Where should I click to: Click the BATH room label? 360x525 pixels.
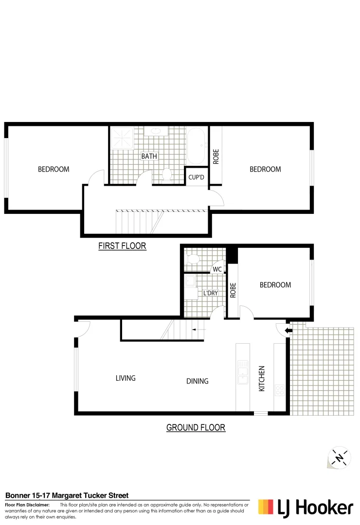click(x=149, y=157)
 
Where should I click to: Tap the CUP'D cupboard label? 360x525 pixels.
click(x=196, y=177)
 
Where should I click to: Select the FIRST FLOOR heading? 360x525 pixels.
click(x=122, y=246)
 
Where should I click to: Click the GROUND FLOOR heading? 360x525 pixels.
click(x=196, y=428)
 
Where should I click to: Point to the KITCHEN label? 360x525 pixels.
click(x=262, y=379)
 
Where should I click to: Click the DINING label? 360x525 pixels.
click(x=197, y=381)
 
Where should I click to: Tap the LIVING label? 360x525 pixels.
click(x=126, y=378)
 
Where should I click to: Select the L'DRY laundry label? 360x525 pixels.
click(x=210, y=294)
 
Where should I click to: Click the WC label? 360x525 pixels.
click(x=217, y=269)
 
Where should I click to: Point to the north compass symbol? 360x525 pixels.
click(x=340, y=457)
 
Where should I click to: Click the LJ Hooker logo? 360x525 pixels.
click(x=306, y=507)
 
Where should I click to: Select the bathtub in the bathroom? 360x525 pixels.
click(x=197, y=146)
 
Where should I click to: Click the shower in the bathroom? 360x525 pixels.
click(x=122, y=138)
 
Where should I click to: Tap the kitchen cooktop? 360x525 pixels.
click(x=280, y=389)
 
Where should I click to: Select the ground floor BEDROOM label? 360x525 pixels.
click(x=275, y=285)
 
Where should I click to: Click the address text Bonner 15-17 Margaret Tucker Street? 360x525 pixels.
click(x=67, y=495)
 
